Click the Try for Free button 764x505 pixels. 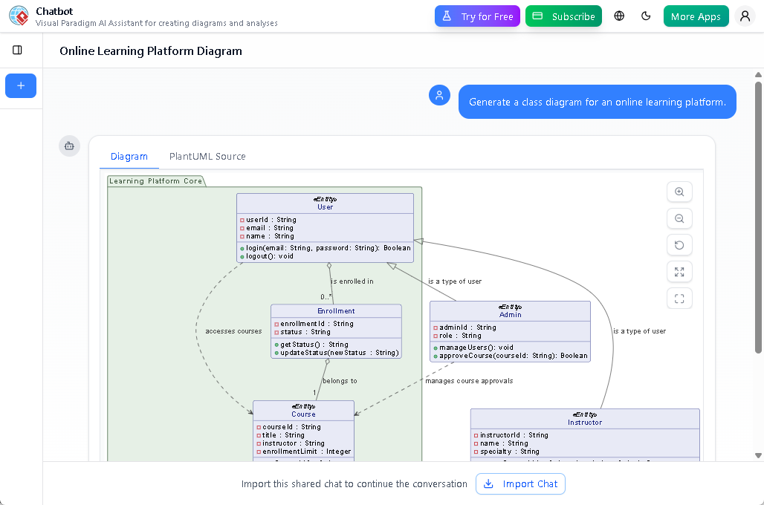click(x=477, y=16)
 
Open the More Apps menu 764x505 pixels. click(x=696, y=16)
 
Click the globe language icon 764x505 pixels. click(x=619, y=16)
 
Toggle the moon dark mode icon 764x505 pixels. click(x=646, y=16)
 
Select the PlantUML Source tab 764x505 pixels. click(x=207, y=157)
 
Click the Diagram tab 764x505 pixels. click(x=129, y=157)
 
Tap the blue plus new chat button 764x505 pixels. click(x=21, y=85)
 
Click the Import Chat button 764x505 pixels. click(x=520, y=484)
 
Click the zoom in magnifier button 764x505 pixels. click(x=679, y=192)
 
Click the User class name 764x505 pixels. click(x=325, y=207)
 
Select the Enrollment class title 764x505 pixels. click(x=336, y=311)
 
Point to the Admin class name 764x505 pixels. click(x=510, y=315)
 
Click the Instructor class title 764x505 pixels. click(x=585, y=423)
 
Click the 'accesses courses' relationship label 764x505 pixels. click(x=233, y=331)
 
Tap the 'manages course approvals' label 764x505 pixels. click(x=469, y=381)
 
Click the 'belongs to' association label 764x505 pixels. click(x=340, y=381)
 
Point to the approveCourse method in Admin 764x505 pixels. click(x=513, y=356)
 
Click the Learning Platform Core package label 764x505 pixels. click(x=155, y=181)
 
